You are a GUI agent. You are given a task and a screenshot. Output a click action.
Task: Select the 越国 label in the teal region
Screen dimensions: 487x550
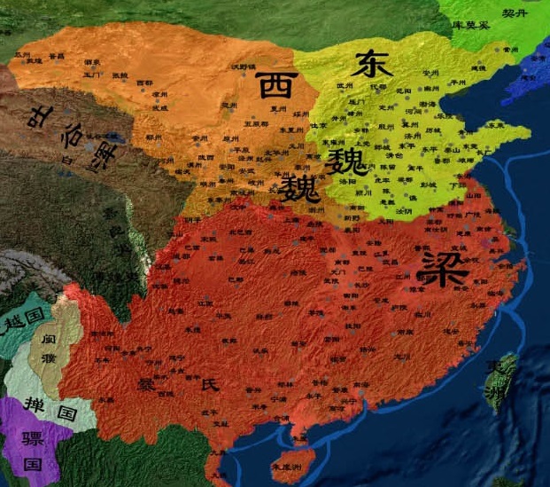[x=25, y=318]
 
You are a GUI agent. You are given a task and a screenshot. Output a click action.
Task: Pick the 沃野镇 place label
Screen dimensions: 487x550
[x=241, y=68]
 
